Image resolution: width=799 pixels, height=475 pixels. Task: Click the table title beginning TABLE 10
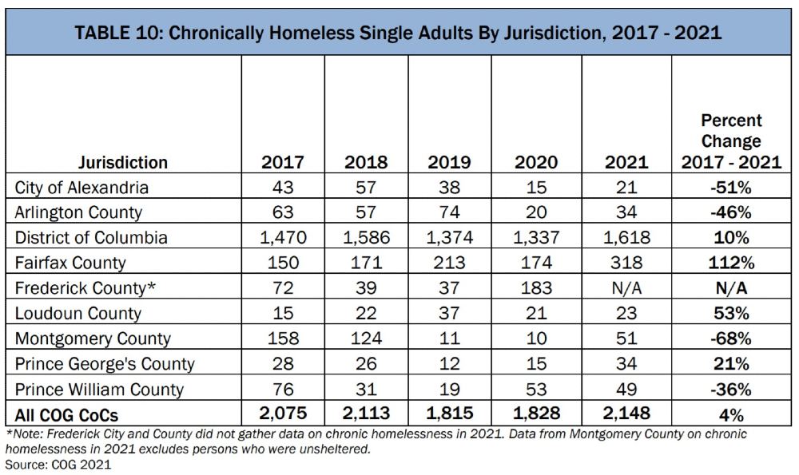398,33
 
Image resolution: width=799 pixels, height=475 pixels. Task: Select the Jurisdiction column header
123,162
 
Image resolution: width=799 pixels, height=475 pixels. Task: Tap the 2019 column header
449,162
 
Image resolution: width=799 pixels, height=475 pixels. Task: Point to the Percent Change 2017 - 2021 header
731,141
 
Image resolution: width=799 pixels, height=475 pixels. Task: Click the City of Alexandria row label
81,188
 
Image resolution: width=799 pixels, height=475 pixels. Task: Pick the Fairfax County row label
70,263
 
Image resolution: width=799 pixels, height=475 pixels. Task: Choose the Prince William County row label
99,390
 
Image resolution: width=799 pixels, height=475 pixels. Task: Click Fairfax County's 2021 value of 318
626,263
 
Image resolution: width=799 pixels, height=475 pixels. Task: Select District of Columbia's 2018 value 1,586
366,237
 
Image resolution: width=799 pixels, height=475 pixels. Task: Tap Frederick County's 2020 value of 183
536,288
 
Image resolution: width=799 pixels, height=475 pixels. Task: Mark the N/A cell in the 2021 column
626,288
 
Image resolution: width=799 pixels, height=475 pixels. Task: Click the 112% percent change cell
731,263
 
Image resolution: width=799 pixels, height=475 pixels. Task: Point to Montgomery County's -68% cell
731,338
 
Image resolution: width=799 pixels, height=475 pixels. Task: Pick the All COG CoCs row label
66,415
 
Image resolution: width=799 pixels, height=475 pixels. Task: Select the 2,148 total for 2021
626,413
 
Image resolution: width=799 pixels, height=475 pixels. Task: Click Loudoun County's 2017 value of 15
283,313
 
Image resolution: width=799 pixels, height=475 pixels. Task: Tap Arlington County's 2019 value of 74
449,212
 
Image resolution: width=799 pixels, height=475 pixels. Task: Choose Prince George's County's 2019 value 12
449,364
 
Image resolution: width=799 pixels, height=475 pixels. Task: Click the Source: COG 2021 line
58,465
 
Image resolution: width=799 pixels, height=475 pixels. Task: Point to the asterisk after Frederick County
151,285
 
